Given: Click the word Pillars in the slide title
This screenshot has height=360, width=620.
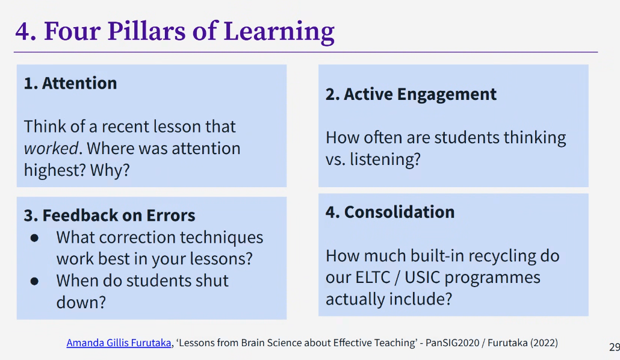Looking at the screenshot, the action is tap(146, 31).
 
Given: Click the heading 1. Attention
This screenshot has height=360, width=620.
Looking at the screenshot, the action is tap(70, 83).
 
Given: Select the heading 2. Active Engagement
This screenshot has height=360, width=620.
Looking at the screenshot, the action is tap(411, 95).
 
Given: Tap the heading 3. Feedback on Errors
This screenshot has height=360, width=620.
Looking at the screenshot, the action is tap(110, 215).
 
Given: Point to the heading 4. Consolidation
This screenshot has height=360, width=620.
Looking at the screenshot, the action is tap(390, 212).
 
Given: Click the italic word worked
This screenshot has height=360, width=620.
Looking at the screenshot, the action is tap(51, 148).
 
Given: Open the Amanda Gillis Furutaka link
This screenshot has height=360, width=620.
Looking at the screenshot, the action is tap(119, 343).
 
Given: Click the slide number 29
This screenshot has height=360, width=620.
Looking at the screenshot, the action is tap(615, 347).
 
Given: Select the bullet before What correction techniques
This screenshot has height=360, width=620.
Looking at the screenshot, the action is tap(34, 238).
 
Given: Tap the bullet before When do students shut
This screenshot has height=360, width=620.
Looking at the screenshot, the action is tap(34, 281).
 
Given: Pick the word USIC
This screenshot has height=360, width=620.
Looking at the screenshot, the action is tap(421, 278).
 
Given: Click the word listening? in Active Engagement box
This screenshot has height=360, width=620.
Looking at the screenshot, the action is tap(385, 160).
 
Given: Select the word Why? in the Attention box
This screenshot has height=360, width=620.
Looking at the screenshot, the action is tap(110, 170).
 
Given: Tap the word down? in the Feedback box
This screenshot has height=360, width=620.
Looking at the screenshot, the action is tap(81, 302).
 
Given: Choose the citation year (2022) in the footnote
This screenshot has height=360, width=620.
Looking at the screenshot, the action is tap(544, 343).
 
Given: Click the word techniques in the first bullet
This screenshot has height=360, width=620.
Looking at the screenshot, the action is tap(222, 238).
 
